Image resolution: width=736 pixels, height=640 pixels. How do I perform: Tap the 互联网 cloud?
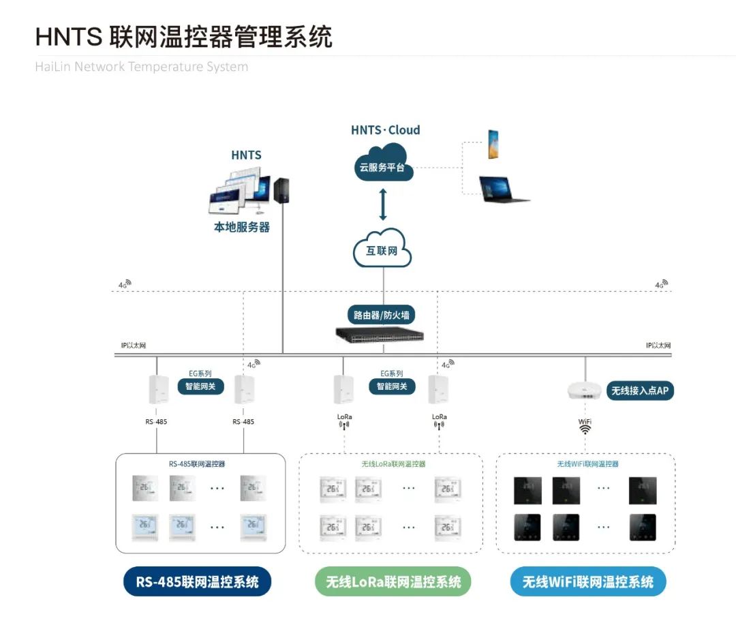382,249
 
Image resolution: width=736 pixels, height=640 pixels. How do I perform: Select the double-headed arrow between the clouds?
382,204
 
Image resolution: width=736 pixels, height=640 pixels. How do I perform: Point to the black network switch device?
380,334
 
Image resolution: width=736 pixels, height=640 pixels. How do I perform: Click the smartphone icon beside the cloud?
493,144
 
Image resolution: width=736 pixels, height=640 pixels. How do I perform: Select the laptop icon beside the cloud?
504,189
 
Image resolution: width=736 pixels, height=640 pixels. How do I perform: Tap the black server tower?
281,191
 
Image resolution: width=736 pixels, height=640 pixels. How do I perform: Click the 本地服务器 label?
242,227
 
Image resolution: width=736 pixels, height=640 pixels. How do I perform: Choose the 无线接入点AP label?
640,391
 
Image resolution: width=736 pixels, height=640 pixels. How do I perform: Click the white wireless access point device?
584,391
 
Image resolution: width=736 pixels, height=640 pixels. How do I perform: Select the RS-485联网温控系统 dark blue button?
197,582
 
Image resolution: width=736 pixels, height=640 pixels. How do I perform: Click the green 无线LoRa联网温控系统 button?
393,582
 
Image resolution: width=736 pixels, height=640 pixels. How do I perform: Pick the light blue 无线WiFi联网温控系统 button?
587,582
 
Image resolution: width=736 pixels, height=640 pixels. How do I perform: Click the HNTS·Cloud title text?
385,130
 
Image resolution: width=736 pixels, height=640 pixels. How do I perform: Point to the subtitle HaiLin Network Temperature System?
142,67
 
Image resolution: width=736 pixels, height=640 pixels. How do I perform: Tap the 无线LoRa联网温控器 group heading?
393,464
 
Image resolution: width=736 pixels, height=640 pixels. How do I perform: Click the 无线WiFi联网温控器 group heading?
587,464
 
